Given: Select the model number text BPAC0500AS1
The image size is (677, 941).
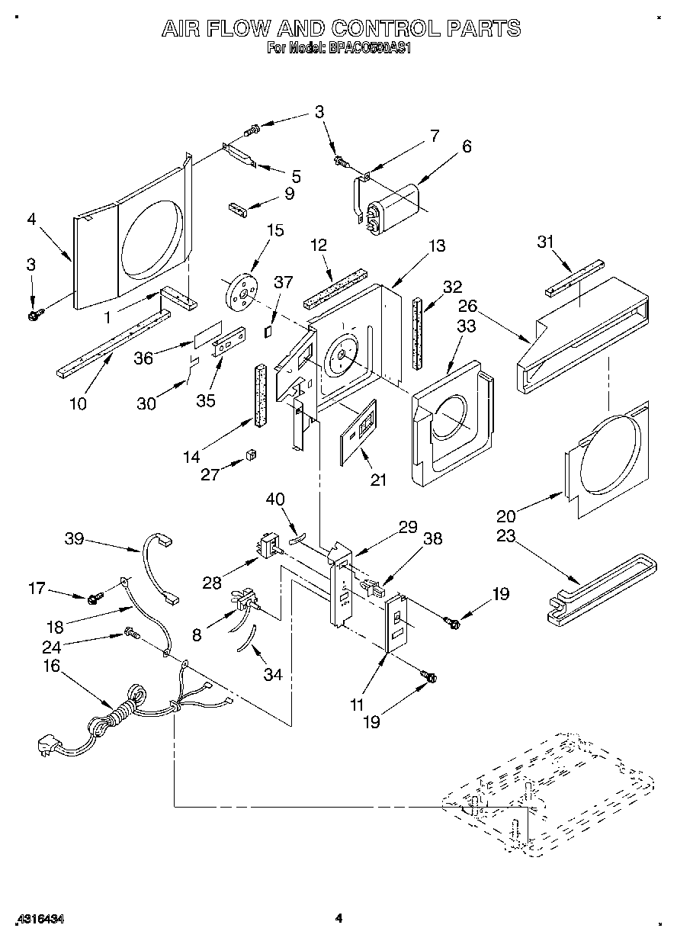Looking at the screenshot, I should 368,48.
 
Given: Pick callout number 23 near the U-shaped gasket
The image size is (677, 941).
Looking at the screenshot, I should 505,536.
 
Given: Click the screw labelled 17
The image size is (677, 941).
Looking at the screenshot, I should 94,599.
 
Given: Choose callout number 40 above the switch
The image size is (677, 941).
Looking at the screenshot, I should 274,500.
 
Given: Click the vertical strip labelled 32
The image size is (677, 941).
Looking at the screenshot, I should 418,333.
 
